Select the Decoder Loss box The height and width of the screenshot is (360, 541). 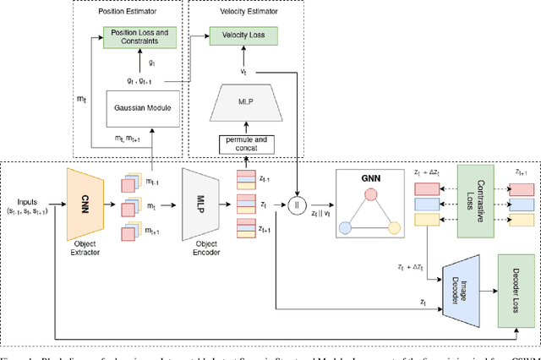point(513,290)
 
